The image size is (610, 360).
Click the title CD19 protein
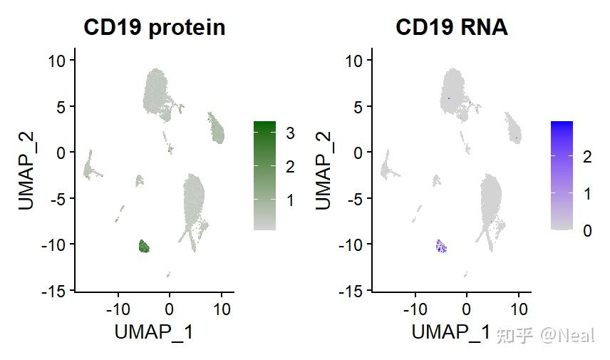(154, 28)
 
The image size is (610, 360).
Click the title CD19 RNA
(451, 28)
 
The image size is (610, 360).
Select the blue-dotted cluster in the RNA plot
(441, 247)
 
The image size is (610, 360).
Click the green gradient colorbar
(264, 175)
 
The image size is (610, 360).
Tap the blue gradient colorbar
(562, 175)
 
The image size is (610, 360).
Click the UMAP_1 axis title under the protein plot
(154, 332)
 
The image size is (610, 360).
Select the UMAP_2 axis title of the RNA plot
(323, 169)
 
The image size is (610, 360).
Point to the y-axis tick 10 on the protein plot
(57, 61)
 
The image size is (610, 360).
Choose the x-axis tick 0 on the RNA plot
(466, 309)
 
